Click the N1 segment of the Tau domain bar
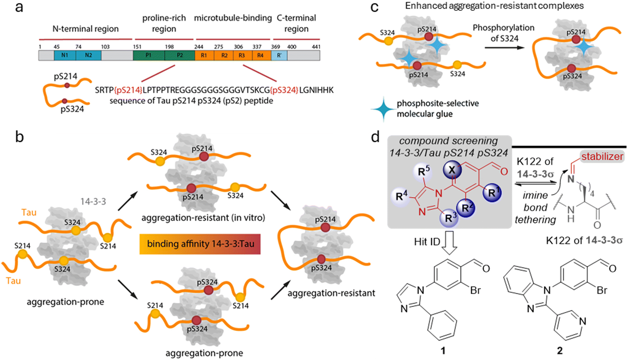(x=65, y=55)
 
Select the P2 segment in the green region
(x=180, y=55)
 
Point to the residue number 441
(x=316, y=47)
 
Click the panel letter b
(x=20, y=137)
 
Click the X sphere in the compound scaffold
(x=452, y=170)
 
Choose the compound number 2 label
(x=559, y=351)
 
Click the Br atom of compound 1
(x=475, y=290)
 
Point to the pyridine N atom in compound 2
(x=583, y=321)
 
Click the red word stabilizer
(x=602, y=157)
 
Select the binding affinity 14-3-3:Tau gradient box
(x=200, y=244)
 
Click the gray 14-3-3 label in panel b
(x=93, y=201)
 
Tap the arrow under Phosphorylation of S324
(x=504, y=48)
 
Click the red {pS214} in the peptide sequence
(x=128, y=90)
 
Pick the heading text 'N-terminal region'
(x=86, y=29)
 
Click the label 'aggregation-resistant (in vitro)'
(x=203, y=218)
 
